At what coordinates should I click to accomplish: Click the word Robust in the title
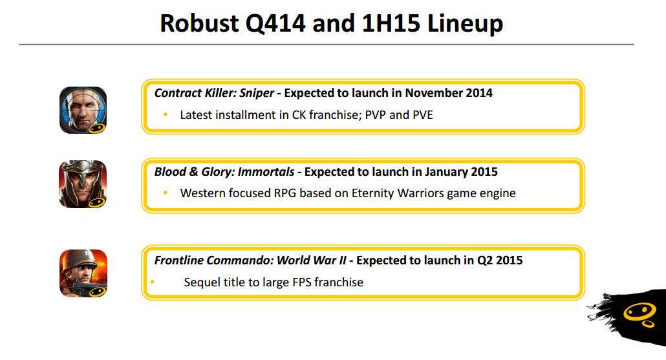[199, 23]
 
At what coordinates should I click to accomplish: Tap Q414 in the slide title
[275, 23]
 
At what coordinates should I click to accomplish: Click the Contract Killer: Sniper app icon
[83, 111]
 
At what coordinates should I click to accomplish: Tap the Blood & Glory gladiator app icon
[83, 184]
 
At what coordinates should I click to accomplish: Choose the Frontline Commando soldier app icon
[83, 273]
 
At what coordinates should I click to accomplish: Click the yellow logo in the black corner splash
[639, 315]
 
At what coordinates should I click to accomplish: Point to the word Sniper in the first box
[257, 94]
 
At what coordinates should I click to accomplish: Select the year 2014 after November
[479, 93]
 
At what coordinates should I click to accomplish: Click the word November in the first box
[434, 93]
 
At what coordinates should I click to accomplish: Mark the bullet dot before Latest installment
[166, 114]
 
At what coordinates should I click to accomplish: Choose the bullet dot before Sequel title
[152, 281]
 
